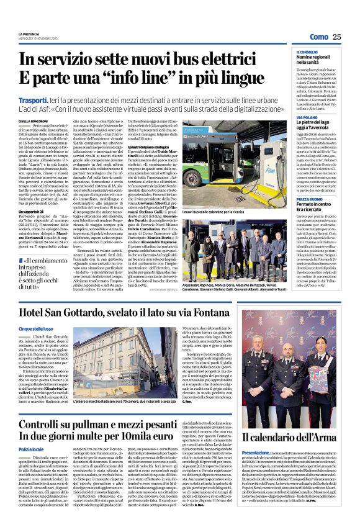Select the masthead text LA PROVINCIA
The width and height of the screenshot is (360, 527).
click(29, 34)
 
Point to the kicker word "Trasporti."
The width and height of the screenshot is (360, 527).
click(35, 99)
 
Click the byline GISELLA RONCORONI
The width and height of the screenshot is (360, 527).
click(32, 121)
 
